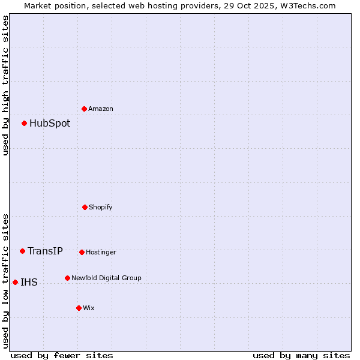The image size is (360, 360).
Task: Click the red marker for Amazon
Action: point(85,109)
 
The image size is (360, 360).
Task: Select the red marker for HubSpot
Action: point(25,124)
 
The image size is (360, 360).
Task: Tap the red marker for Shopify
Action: point(85,207)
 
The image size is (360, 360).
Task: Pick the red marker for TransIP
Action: point(23,251)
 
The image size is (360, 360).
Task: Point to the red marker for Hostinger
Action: point(82,252)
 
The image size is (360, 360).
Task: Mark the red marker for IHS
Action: point(15,282)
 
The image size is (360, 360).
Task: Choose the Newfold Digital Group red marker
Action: point(67,278)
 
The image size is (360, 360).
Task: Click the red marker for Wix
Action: point(79,308)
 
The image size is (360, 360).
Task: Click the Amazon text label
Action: point(101,109)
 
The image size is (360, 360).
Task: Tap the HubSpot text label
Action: point(50,124)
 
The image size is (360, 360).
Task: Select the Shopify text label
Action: point(101,207)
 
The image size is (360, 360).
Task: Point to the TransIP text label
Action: point(45,251)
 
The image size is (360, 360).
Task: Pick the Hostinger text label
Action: point(101,252)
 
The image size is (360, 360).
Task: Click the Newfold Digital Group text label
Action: point(106,278)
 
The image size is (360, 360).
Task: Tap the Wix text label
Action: point(89,308)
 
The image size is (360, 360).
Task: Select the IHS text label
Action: point(29,282)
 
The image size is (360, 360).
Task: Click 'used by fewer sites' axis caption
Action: point(61,355)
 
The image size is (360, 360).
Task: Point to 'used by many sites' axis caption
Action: point(301,355)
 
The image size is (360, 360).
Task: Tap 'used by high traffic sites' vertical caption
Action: point(5,85)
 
